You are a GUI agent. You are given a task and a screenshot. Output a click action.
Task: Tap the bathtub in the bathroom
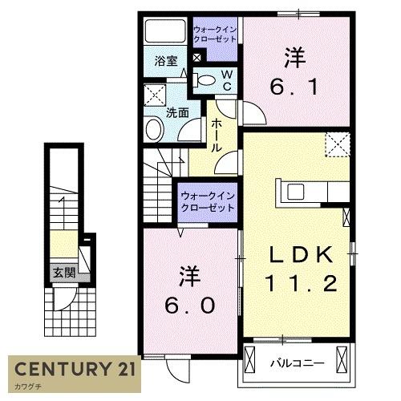[165, 33]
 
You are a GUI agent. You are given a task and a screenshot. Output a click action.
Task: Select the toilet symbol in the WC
[206, 79]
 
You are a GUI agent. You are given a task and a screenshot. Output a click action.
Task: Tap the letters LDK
[299, 254]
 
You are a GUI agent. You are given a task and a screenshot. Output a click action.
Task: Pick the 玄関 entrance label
[64, 273]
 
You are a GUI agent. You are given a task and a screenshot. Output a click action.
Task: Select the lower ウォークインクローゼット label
[207, 201]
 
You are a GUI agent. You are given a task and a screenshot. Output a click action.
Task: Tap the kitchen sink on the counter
[294, 192]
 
